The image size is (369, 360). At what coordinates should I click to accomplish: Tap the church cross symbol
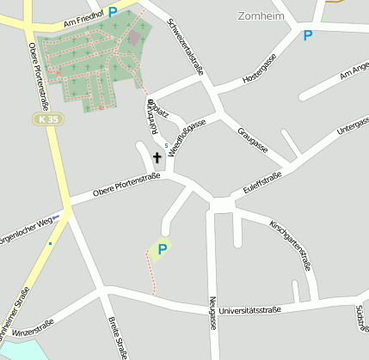[x=157, y=157]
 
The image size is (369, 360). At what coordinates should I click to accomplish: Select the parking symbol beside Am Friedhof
[x=113, y=12]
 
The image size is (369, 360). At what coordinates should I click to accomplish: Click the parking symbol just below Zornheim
[x=307, y=35]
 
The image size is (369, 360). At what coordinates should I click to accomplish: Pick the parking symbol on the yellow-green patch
[x=161, y=249]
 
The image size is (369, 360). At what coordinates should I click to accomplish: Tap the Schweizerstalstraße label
[x=185, y=47]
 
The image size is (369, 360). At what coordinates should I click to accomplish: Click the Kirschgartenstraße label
[x=290, y=246]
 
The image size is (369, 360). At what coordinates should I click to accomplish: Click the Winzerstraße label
[x=33, y=327]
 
